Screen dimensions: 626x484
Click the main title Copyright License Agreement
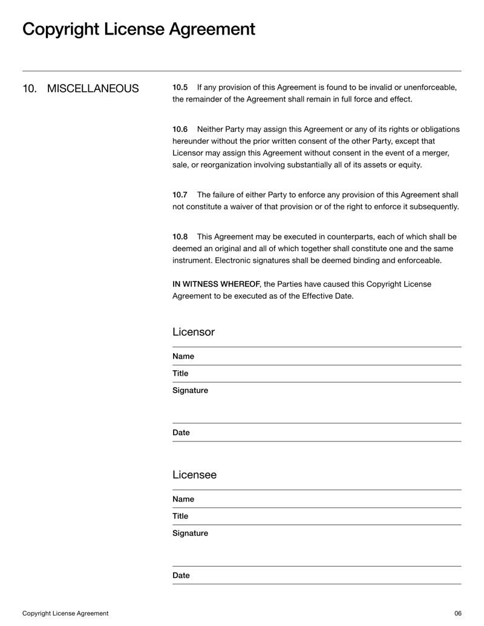tap(139, 29)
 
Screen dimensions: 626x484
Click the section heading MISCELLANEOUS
tap(93, 89)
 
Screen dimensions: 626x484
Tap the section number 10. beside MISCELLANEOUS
tap(30, 89)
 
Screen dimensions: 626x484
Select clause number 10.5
tap(180, 88)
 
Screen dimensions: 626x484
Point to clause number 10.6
tap(180, 129)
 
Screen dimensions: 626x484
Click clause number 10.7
tap(180, 195)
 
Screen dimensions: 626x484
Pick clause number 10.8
tap(180, 236)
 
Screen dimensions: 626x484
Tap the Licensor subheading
tap(193, 332)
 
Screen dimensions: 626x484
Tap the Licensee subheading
tap(194, 475)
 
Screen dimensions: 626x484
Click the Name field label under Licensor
tap(183, 356)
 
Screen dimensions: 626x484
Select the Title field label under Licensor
tap(180, 373)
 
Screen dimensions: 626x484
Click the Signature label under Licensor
tap(190, 391)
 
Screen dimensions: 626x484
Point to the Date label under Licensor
tap(181, 432)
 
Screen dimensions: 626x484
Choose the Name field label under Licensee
tap(183, 499)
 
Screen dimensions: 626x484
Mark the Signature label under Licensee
tap(190, 533)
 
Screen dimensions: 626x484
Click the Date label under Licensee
tap(181, 575)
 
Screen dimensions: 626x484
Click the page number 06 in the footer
tap(457, 613)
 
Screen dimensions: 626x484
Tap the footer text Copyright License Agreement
tap(65, 613)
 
